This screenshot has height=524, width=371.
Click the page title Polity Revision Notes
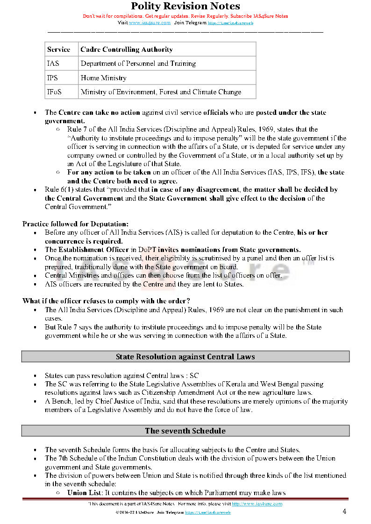[185, 6]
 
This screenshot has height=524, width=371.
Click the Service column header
[58, 49]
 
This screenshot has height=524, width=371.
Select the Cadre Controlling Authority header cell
[127, 49]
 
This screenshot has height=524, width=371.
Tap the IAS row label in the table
[53, 63]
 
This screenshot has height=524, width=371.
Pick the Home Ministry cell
[103, 78]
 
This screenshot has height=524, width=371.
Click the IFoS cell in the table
[54, 92]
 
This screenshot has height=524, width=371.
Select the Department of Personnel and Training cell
[138, 63]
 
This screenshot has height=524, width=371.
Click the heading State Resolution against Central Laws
[185, 356]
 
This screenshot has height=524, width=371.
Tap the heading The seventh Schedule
[185, 431]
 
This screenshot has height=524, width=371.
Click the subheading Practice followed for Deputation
[75, 224]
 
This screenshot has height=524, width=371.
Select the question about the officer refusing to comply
[106, 300]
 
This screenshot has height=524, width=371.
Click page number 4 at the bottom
[344, 511]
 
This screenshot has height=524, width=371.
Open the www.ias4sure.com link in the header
[150, 22]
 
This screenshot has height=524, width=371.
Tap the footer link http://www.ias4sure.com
[257, 504]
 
